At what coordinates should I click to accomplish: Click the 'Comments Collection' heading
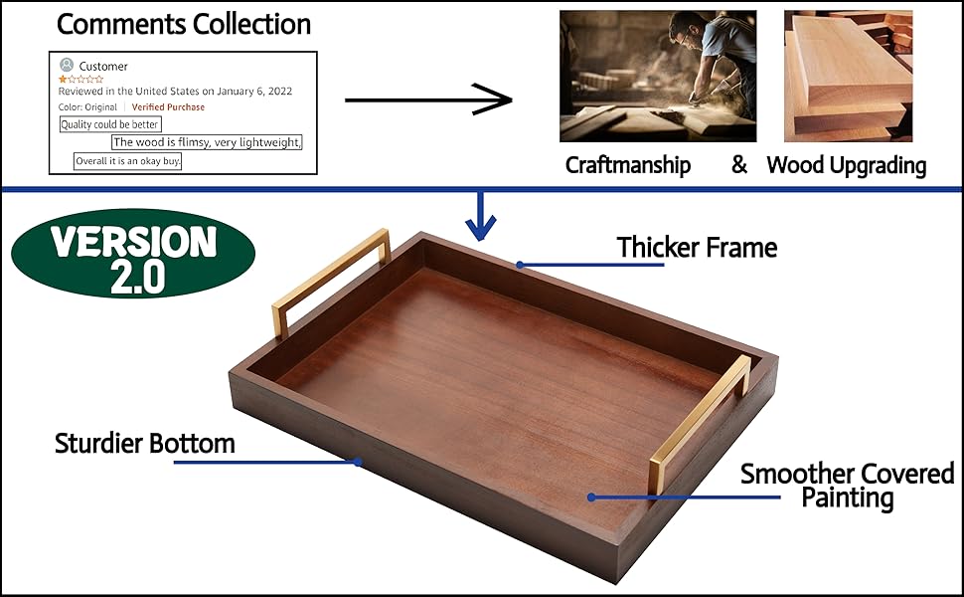click(183, 24)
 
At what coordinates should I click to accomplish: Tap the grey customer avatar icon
click(67, 65)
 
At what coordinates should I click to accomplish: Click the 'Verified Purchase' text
click(168, 107)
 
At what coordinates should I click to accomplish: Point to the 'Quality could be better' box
click(110, 124)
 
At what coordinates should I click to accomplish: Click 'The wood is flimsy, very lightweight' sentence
click(207, 142)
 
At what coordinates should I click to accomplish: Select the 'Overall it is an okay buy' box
click(128, 160)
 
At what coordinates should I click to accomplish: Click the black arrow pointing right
click(427, 99)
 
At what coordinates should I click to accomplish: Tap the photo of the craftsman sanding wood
click(657, 76)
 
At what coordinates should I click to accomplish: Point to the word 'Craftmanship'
click(627, 165)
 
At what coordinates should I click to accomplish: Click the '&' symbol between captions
click(738, 165)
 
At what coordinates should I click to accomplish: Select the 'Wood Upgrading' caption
click(846, 165)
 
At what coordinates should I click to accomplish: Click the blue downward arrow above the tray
click(481, 216)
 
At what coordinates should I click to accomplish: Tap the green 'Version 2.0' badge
click(133, 254)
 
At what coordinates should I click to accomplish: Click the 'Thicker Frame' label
click(697, 247)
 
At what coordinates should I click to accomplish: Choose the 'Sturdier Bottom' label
click(144, 443)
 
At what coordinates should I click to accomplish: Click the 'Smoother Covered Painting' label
click(847, 485)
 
